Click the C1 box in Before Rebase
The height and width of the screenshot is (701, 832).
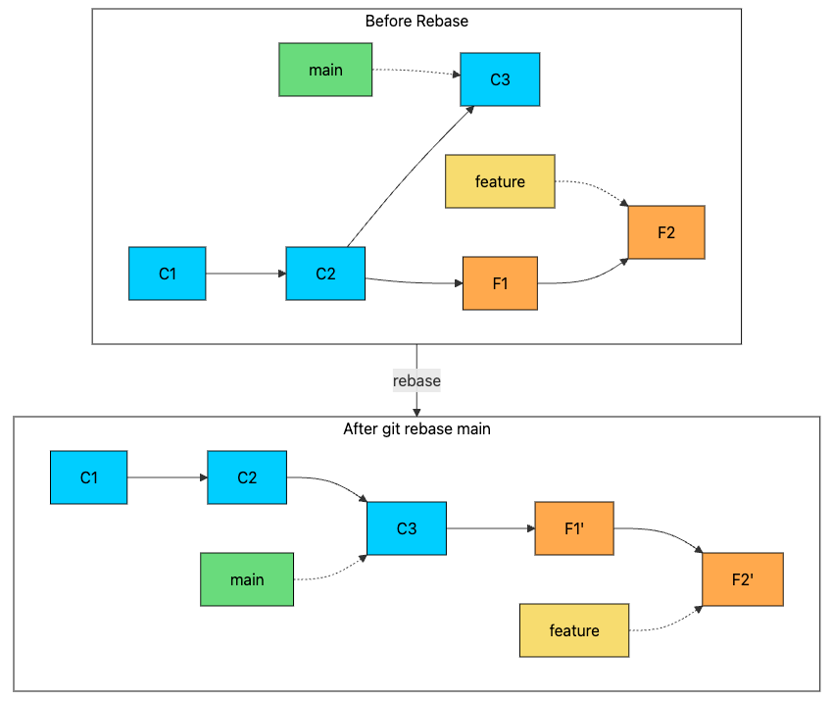[x=167, y=274]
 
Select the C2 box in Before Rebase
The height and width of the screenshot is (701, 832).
[x=325, y=274]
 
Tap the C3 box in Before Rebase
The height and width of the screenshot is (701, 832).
[x=500, y=79]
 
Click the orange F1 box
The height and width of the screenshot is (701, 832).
[x=500, y=283]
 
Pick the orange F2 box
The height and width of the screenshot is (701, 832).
[x=666, y=232]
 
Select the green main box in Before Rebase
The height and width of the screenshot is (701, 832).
[x=325, y=70]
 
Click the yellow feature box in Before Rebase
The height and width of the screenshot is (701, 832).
[x=500, y=181]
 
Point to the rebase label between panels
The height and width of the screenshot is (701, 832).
[x=416, y=380]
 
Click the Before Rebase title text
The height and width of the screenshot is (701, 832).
[x=416, y=21]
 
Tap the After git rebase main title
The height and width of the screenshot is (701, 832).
[x=416, y=428]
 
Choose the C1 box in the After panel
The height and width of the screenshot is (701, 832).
[x=89, y=477]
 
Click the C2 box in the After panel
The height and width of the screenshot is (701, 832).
[x=247, y=477]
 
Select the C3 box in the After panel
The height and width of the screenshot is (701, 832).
[x=407, y=528]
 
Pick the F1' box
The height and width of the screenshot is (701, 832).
[x=574, y=528]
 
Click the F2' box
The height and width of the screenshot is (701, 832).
[x=743, y=579]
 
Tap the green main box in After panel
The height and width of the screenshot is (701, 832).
[x=247, y=579]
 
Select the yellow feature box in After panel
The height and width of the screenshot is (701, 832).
[x=574, y=630]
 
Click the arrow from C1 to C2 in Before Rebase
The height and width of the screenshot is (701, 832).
[x=245, y=274]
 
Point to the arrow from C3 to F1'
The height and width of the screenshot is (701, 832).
[x=490, y=528]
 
